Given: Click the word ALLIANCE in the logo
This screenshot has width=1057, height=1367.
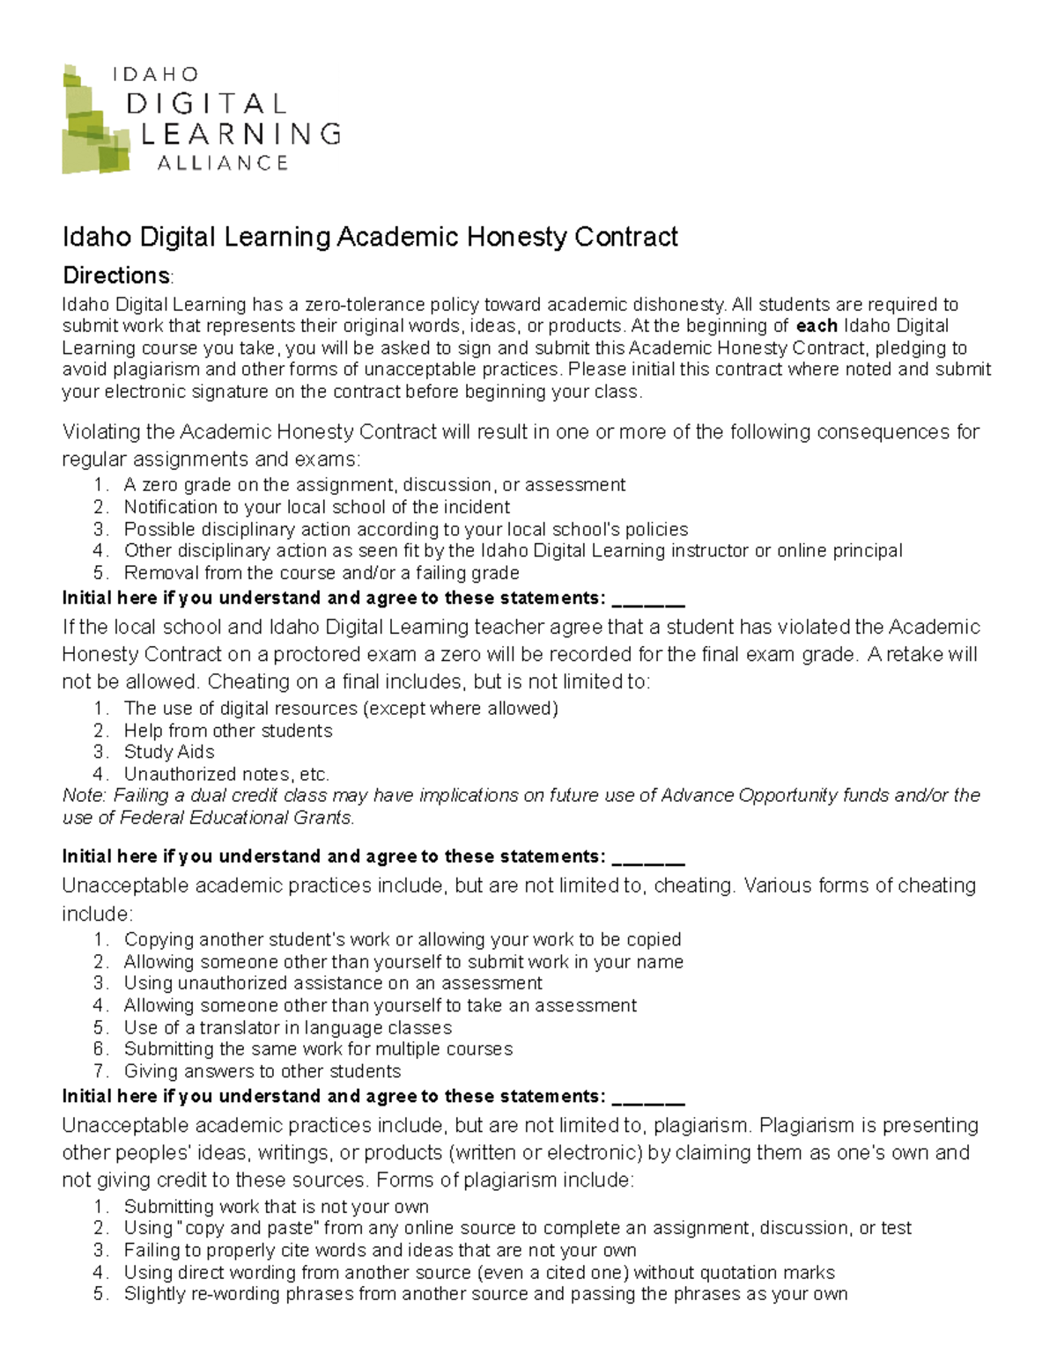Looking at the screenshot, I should coord(222,163).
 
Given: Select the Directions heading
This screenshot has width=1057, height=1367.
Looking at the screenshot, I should coord(116,276).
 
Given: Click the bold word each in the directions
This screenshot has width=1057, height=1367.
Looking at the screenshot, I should coord(816,326).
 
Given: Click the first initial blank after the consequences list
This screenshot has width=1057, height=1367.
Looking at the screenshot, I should coord(647,599).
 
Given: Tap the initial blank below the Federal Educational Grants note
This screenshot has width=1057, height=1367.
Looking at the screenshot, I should coord(647,857).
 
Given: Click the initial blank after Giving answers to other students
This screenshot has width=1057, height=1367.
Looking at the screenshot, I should coord(647,1097).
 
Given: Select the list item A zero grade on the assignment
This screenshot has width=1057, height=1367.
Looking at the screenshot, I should coord(374,485).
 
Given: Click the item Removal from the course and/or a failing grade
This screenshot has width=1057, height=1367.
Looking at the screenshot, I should coord(322,573).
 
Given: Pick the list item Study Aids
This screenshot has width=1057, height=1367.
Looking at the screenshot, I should coord(169,752).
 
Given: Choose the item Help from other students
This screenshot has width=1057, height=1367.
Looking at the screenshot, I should coord(228,731).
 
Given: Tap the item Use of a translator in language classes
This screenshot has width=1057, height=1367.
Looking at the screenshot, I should coord(288,1027).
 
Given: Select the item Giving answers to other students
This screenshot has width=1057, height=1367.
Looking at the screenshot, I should coord(262,1071).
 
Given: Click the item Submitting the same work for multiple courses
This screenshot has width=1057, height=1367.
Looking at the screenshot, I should coord(318,1049).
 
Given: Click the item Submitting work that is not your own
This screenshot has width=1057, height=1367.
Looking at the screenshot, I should coord(277,1207).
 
